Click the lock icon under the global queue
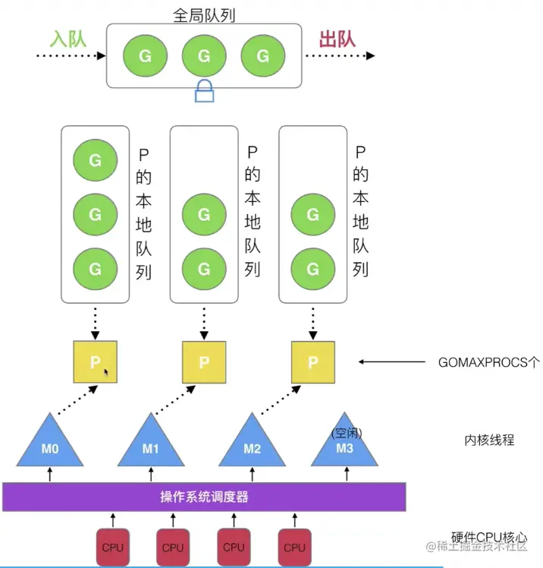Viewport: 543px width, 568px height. (204, 92)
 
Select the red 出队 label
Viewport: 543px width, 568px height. (337, 39)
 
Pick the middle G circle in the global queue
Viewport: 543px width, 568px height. (203, 55)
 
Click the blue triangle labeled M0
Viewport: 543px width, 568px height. (50, 445)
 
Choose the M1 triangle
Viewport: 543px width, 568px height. (151, 445)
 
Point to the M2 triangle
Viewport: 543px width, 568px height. (253, 445)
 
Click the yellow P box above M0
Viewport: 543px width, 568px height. (95, 362)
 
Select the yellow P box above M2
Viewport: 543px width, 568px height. (313, 362)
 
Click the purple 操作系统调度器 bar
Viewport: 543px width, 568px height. (205, 497)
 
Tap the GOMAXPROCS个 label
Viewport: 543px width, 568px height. (489, 362)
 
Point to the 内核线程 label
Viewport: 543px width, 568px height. (489, 440)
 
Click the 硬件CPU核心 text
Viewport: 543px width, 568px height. (489, 536)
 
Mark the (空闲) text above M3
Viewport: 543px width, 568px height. (347, 434)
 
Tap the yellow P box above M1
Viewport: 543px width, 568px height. (204, 362)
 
